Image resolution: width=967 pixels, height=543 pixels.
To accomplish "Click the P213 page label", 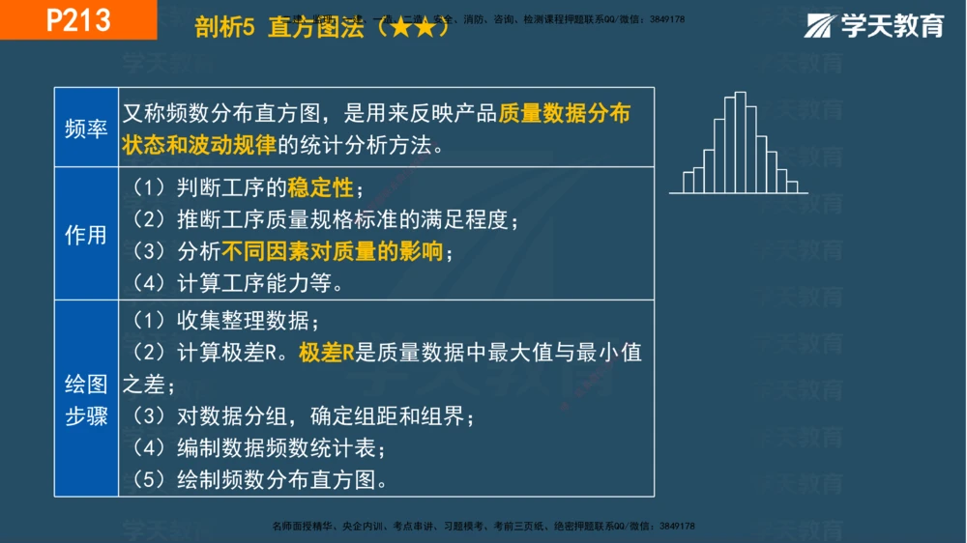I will coord(78,20).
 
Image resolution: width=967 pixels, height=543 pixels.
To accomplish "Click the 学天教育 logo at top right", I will coord(875,26).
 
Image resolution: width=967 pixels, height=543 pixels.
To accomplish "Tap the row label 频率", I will coord(86,129).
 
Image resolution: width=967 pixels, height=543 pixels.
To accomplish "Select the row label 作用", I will coord(86,235).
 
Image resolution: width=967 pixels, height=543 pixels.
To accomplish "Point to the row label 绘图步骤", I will coord(86,400).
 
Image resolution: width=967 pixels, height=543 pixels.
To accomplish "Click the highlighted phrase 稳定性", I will coord(320,187).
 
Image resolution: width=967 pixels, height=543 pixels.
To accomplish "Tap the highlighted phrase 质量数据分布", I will coord(564,114).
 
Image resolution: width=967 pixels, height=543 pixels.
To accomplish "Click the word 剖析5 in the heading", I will coord(224,29).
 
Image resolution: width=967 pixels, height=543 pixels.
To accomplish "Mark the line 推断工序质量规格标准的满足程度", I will coord(343,219).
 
